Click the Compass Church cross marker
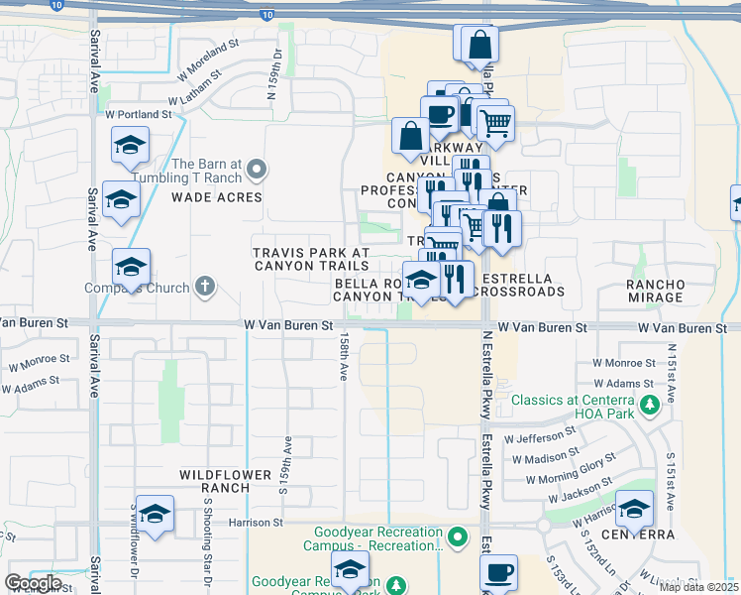205,289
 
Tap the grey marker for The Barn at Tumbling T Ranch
257,170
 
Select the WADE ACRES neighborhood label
217,197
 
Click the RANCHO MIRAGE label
656,291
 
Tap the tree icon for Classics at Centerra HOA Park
650,405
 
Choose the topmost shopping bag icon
479,44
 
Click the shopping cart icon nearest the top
494,123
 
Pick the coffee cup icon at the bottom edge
498,573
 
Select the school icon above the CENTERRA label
634,509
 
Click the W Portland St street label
138,115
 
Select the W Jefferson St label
540,434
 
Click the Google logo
33,583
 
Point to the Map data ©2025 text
698,587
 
